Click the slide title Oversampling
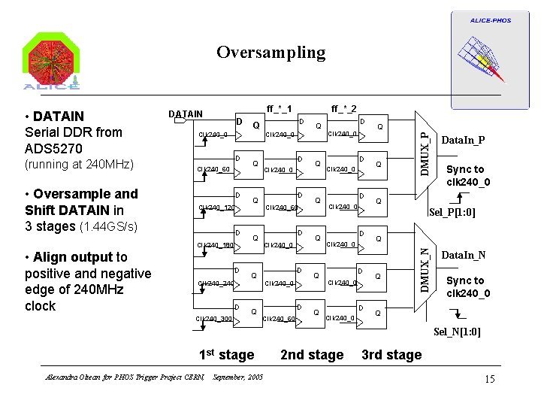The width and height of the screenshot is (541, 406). (x=270, y=53)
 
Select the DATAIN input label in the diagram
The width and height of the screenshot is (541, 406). (x=185, y=114)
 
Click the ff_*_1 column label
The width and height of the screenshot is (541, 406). (x=280, y=108)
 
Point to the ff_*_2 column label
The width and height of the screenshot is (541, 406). (x=344, y=108)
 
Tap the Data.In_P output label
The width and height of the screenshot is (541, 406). (x=464, y=141)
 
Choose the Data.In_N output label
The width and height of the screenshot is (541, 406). (x=464, y=256)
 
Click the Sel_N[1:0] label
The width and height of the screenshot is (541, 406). (x=458, y=332)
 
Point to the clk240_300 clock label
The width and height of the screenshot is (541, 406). (x=214, y=320)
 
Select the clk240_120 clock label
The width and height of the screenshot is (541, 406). (x=216, y=208)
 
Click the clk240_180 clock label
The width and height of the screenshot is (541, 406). (x=215, y=245)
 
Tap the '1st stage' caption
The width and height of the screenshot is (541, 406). (x=226, y=355)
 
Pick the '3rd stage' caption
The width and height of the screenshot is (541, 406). (x=391, y=355)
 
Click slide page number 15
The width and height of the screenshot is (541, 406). (x=489, y=379)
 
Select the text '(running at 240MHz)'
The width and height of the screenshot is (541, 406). (x=79, y=164)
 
